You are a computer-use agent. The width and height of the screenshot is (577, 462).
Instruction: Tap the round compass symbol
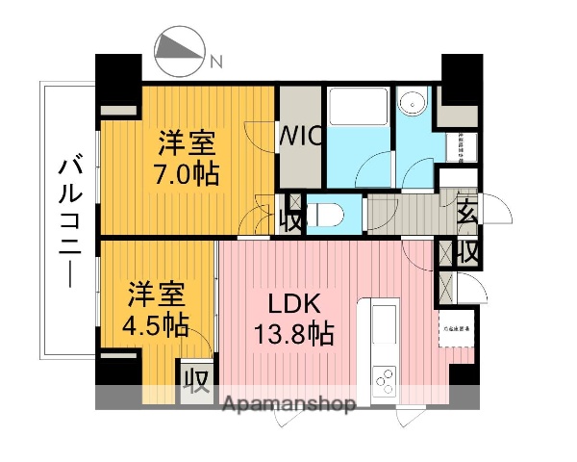point(180,53)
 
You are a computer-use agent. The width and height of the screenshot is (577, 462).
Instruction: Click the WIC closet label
point(300,138)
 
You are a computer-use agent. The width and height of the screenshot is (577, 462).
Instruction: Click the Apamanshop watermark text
point(288,401)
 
